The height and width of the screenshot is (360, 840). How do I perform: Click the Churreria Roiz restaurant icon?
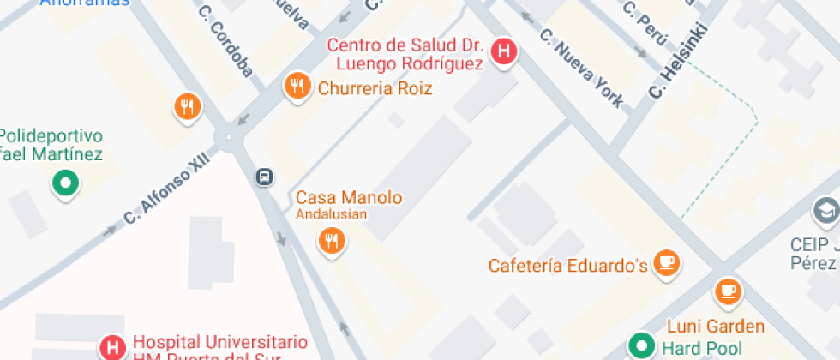pos(297,86)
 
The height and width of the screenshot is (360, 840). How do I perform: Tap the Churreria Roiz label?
pos(375,88)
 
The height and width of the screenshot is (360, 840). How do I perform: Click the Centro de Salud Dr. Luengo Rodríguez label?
pos(405,53)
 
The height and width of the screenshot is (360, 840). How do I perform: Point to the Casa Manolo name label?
pos(349,197)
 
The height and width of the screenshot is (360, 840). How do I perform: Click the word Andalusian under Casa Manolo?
pos(331,214)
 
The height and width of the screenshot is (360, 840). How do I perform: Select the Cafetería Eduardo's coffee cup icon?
pos(666,262)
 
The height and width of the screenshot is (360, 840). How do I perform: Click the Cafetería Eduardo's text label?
pos(567,265)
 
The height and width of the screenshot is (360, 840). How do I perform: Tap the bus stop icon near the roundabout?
pos(265,177)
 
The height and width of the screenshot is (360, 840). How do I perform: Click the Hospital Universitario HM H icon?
pos(111,346)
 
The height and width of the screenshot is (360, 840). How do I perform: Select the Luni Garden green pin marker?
pos(641,345)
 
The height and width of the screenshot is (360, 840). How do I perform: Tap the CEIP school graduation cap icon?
pos(825,210)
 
